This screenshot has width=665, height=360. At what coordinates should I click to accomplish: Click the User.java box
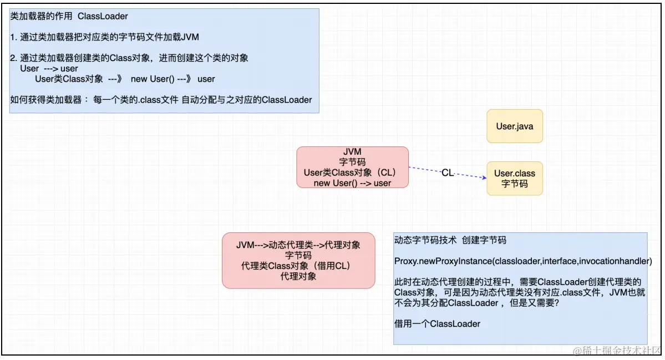(514, 126)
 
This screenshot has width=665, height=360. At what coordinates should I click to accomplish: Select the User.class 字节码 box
(514, 179)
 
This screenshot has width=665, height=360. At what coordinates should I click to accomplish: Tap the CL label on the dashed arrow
(448, 173)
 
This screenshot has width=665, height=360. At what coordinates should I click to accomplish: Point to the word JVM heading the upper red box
(352, 152)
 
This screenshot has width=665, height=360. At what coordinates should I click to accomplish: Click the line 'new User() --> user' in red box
(352, 183)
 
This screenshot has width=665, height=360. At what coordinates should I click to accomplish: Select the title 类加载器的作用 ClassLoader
(69, 17)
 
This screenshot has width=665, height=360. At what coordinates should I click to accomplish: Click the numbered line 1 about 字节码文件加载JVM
(104, 37)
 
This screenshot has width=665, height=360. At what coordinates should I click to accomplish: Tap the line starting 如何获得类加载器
(161, 100)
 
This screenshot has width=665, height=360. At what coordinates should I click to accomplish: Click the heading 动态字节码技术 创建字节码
(450, 241)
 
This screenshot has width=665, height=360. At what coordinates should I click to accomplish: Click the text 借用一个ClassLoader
(437, 323)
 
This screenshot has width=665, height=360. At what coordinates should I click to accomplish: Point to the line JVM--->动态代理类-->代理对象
(298, 245)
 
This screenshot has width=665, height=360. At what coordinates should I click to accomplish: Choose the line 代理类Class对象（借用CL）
(298, 266)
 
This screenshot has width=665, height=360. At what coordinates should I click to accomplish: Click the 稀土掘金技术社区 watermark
(617, 350)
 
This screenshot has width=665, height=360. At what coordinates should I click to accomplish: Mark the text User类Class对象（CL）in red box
(351, 173)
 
